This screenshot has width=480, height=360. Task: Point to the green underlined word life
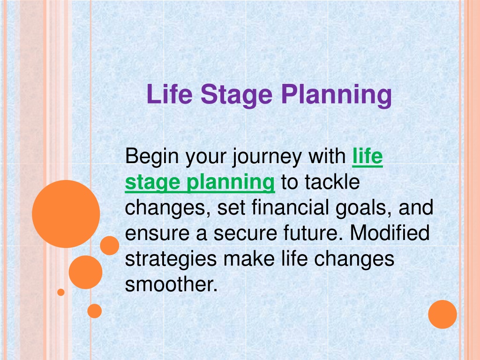[x=367, y=156]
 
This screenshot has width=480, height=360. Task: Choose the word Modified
[x=390, y=233]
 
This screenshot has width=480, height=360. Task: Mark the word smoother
[x=171, y=285]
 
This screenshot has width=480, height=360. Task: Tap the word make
[x=249, y=259]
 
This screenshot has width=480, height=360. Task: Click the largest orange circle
[x=66, y=214]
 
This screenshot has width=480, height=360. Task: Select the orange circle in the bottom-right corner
[x=442, y=315]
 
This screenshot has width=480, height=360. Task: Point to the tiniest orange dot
[x=61, y=292]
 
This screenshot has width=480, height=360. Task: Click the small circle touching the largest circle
[x=110, y=246]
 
